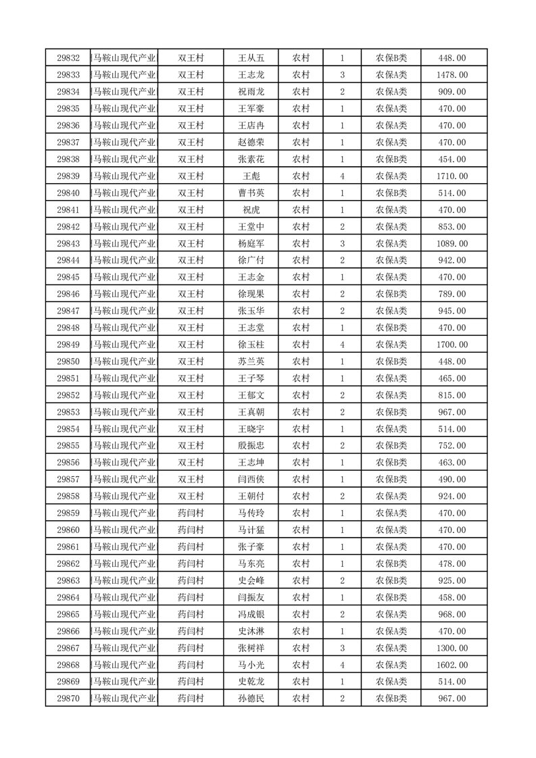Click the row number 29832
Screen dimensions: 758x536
point(68,58)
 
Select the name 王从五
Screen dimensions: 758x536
point(250,58)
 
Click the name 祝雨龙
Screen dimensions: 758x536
point(250,92)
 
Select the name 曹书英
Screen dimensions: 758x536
point(250,193)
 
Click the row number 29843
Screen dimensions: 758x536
point(68,243)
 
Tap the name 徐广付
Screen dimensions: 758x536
point(250,260)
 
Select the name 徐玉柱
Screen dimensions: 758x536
point(250,345)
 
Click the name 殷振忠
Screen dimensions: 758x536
point(250,446)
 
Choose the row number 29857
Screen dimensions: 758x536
point(68,479)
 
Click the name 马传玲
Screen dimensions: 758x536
point(250,513)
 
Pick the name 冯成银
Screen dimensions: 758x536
point(250,614)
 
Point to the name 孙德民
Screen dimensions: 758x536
point(250,699)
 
